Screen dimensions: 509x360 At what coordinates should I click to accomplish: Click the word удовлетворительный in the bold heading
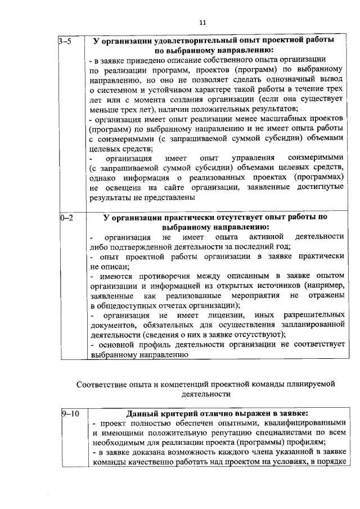coord(188,41)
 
